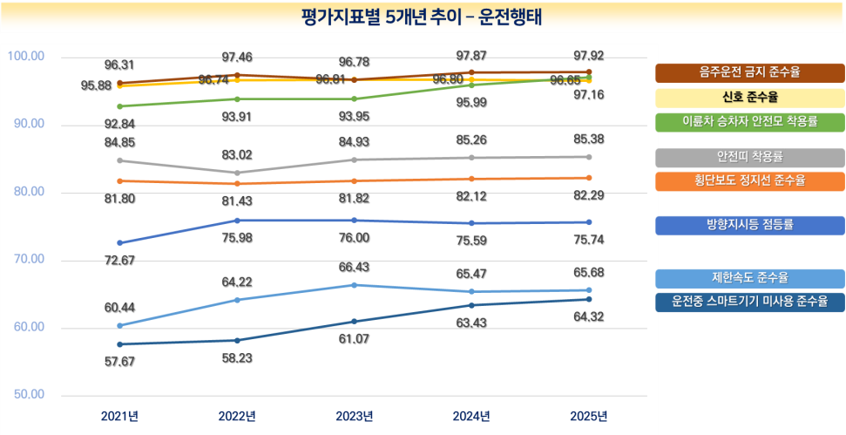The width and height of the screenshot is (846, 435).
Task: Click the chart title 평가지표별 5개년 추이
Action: [x=422, y=17]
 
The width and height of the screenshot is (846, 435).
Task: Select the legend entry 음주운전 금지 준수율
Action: [x=750, y=72]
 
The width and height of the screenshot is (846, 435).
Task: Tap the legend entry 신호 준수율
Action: [x=750, y=97]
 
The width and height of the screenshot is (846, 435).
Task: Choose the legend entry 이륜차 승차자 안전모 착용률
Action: [x=750, y=121]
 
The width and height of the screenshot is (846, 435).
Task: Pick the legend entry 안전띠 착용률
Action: [x=750, y=157]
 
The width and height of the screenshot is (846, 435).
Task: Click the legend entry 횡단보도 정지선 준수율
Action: [x=750, y=180]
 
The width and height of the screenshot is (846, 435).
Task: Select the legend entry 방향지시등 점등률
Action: [x=750, y=225]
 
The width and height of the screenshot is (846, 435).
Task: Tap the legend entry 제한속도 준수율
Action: [x=750, y=278]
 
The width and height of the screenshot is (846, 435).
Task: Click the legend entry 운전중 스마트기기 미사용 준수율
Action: [x=750, y=302]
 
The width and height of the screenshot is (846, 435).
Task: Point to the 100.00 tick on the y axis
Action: [x=26, y=57]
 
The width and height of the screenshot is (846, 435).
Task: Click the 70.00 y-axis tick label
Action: [x=26, y=260]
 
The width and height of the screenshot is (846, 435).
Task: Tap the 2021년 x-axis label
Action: [x=119, y=415]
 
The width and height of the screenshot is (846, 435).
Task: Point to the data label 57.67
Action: [x=119, y=360]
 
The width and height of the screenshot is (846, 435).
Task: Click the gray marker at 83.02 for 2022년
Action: [x=237, y=173]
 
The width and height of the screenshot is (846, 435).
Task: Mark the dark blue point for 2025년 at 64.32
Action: [x=589, y=299]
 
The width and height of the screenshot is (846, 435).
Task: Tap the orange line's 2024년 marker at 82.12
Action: [x=471, y=179]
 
